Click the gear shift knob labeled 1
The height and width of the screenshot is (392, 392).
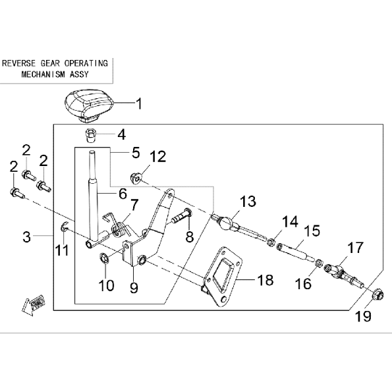point(88,106)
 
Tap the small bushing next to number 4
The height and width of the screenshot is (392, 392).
point(90,135)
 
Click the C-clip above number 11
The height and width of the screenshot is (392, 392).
point(64,227)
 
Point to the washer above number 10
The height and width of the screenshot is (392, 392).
point(103,258)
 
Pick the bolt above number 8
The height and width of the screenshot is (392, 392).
point(182,217)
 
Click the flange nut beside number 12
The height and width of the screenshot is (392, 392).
point(136,178)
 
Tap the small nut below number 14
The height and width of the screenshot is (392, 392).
point(271,242)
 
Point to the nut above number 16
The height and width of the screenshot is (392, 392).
point(319,263)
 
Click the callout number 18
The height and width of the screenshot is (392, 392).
point(266,279)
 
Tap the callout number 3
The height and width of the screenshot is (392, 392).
point(26,237)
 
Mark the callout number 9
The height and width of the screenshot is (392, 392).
point(134,288)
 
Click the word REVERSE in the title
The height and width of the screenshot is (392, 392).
point(18,63)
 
